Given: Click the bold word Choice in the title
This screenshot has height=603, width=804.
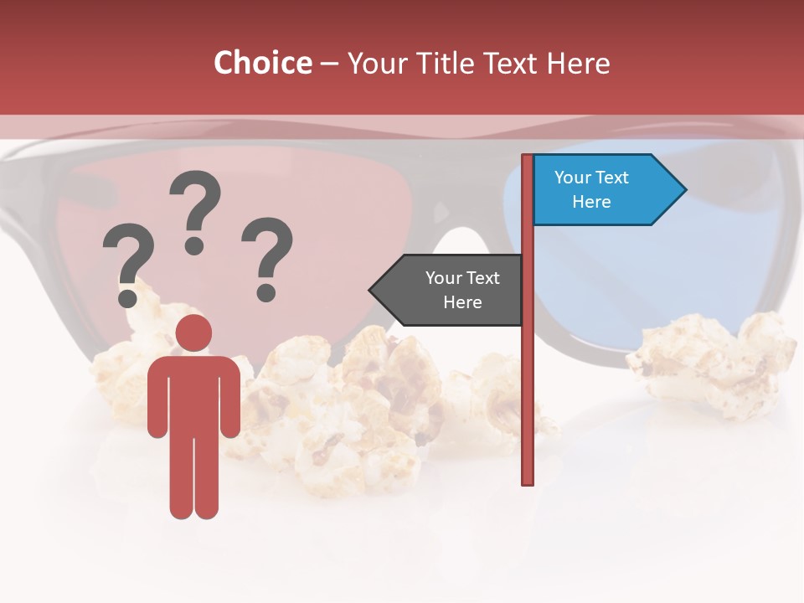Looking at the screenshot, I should click(262, 63).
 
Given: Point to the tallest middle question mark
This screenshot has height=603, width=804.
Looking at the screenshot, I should click(196, 209).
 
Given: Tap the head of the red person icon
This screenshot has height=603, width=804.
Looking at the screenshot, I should click(193, 332).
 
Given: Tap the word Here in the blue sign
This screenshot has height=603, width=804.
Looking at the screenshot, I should click(591, 202).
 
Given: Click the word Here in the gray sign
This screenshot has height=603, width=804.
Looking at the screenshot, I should click(462, 302).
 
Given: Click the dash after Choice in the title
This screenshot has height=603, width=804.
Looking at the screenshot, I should click(330, 64).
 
